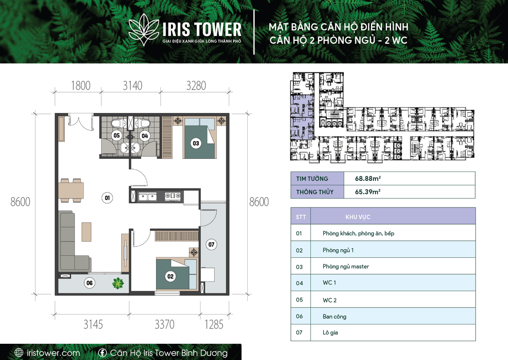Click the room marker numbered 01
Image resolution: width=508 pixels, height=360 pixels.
(107, 198)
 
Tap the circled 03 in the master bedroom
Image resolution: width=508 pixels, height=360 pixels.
(196, 144)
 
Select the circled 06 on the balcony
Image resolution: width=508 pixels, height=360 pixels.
(89, 283)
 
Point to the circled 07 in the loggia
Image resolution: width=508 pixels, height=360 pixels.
(211, 244)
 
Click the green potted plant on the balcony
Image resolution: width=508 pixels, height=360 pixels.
(118, 283)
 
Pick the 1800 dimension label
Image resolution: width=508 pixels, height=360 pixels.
(80, 85)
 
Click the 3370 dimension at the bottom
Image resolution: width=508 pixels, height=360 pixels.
(164, 324)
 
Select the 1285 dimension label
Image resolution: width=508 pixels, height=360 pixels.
(214, 324)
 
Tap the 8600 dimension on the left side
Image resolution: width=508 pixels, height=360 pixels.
(20, 202)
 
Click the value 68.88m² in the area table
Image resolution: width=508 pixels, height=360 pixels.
(368, 178)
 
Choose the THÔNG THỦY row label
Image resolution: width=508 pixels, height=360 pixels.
(315, 192)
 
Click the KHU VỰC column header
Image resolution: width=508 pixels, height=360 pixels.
(358, 217)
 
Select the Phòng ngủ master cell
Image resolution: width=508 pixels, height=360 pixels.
(346, 266)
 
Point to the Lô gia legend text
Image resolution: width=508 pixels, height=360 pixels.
(330, 333)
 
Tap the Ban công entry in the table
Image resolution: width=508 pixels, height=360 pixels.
(334, 316)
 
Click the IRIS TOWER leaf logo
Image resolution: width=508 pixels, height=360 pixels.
(143, 30)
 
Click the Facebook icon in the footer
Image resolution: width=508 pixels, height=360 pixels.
(102, 352)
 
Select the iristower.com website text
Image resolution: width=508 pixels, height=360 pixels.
(53, 353)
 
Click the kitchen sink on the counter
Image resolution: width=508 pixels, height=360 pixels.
(147, 197)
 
